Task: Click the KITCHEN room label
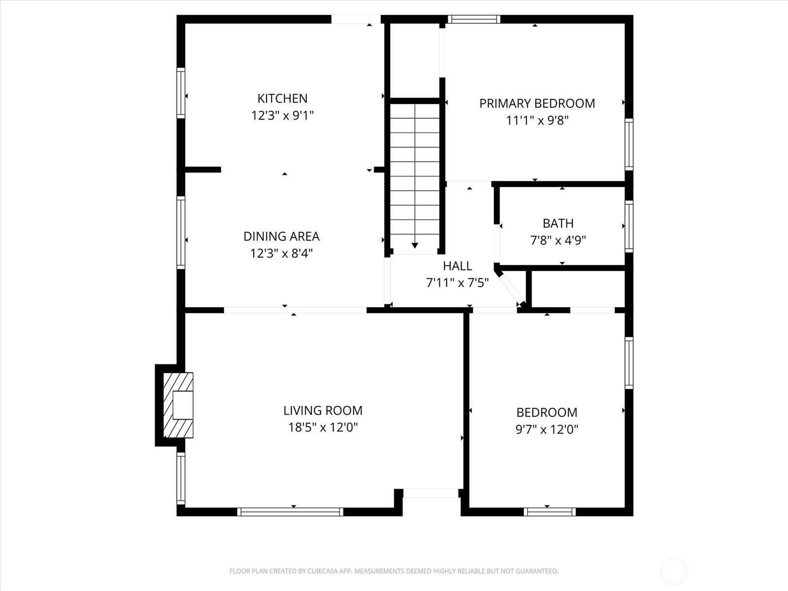click(282, 98)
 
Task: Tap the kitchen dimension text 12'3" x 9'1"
click(282, 116)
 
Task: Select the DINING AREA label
click(281, 236)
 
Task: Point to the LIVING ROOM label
click(323, 410)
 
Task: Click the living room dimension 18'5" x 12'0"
click(323, 427)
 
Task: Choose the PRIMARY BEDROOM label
click(537, 103)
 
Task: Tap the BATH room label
click(558, 224)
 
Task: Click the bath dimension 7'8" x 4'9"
click(558, 241)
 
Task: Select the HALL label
click(457, 266)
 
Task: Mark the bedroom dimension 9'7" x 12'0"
click(547, 429)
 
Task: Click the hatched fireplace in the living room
click(178, 405)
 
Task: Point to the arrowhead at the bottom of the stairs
click(415, 245)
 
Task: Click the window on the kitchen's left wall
click(181, 93)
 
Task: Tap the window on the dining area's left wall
click(181, 232)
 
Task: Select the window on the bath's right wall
click(629, 227)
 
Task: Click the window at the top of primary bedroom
click(474, 19)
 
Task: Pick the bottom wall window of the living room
click(290, 512)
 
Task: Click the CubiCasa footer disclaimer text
click(394, 571)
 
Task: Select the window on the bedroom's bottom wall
click(550, 512)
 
